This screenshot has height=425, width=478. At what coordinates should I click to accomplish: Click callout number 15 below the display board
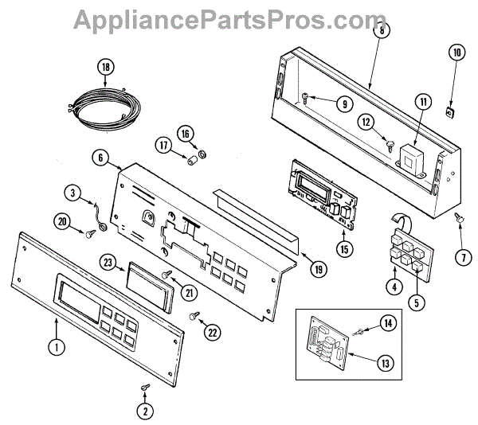[x=343, y=249]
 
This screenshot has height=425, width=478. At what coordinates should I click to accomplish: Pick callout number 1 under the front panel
[x=56, y=345]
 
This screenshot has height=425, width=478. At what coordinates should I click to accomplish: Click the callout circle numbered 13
[x=385, y=363]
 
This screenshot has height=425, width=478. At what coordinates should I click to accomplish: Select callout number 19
[x=317, y=270]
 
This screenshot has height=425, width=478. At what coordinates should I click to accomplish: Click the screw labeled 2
[x=144, y=386]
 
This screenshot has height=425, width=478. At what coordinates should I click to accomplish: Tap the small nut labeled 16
[x=203, y=152]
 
